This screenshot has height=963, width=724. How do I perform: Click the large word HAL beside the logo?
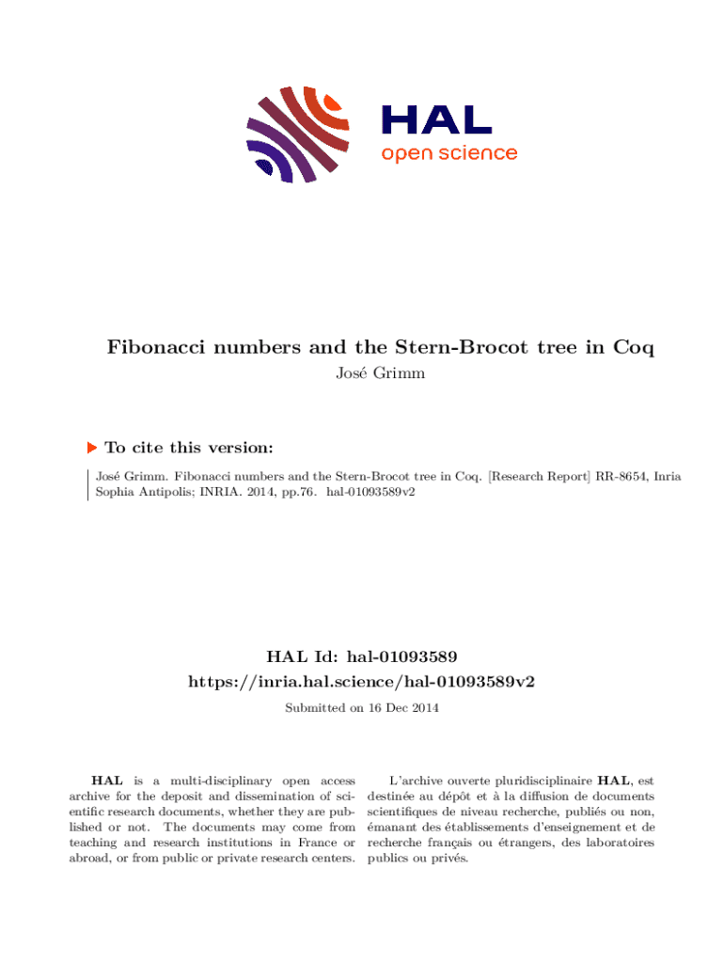[x=435, y=120]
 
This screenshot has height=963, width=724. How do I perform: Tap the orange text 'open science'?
[x=449, y=152]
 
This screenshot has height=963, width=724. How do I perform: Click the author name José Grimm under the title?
[x=380, y=373]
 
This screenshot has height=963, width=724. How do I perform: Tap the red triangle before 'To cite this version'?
[x=91, y=449]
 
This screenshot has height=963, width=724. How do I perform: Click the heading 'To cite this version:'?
[x=189, y=449]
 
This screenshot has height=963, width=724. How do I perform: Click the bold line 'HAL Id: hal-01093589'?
[x=362, y=655]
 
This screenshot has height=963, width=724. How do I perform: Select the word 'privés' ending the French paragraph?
[x=449, y=859]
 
